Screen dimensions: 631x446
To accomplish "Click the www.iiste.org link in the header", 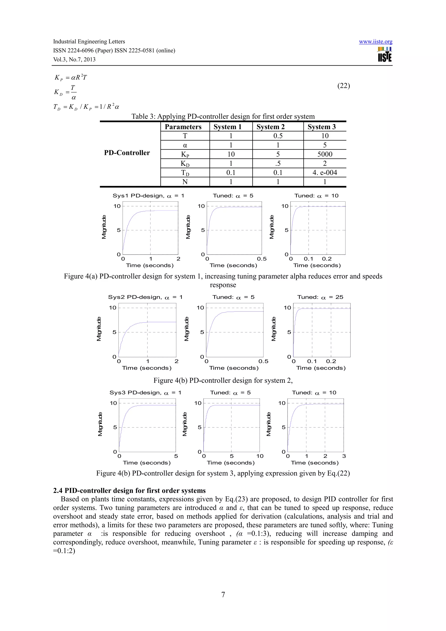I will pyautogui.click(x=375, y=42).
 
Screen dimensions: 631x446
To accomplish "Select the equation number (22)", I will pyautogui.click(x=343, y=86).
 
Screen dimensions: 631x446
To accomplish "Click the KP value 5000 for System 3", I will pyautogui.click(x=325, y=154).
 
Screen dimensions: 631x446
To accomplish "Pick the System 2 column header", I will pyautogui.click(x=270, y=127).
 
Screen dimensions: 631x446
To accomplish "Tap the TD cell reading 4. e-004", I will pyautogui.click(x=325, y=173).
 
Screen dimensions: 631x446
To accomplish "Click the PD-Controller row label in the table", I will pyautogui.click(x=127, y=153).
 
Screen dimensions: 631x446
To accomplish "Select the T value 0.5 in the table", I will pyautogui.click(x=278, y=136).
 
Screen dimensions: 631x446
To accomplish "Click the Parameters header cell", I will pyautogui.click(x=183, y=127).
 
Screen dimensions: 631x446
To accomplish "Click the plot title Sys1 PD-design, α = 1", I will pyautogui.click(x=148, y=196).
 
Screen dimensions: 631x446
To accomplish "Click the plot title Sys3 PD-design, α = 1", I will pyautogui.click(x=145, y=392).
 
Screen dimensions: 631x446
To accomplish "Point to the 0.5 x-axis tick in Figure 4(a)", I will pyautogui.click(x=262, y=259).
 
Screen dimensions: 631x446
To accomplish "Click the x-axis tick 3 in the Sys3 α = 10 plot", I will pyautogui.click(x=344, y=456).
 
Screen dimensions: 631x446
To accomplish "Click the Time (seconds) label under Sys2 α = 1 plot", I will pyautogui.click(x=147, y=368).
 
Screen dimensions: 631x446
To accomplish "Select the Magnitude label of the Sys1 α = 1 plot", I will pyautogui.click(x=104, y=227).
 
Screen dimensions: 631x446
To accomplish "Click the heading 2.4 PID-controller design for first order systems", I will pyautogui.click(x=129, y=491).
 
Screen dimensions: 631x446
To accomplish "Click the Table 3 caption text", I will pyautogui.click(x=223, y=116).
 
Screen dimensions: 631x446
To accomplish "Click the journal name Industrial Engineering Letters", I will pyautogui.click(x=89, y=42).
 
